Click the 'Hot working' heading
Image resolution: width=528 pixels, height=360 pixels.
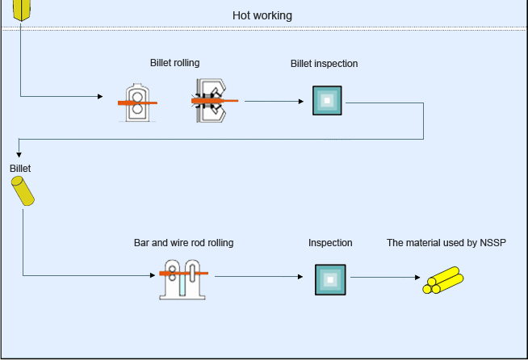(262, 15)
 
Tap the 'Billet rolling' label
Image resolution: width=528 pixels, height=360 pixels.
(174, 63)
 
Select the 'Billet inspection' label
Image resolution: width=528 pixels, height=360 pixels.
(324, 64)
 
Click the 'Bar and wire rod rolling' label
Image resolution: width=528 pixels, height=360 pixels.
(183, 242)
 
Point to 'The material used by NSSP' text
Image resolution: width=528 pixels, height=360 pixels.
(446, 242)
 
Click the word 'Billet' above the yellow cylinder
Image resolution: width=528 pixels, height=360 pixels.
(20, 169)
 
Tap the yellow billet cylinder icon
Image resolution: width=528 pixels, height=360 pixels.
(23, 191)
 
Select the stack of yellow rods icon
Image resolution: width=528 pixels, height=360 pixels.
(443, 279)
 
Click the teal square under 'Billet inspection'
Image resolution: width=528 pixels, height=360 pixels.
(327, 101)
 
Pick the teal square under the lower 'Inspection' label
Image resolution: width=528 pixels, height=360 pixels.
(329, 279)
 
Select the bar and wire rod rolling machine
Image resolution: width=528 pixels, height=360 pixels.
(182, 278)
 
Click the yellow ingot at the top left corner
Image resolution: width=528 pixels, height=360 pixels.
(23, 10)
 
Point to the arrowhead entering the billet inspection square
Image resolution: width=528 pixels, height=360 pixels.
(303, 102)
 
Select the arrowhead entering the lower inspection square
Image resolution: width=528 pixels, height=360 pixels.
(305, 277)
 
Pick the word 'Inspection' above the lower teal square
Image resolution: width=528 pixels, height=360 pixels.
(330, 242)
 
